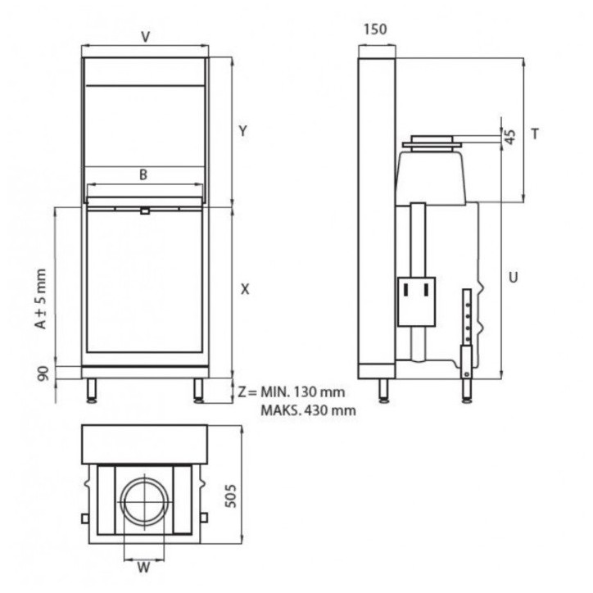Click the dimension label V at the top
click(x=145, y=36)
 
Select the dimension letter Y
click(x=242, y=130)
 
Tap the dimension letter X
click(x=244, y=289)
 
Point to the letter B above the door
click(x=143, y=174)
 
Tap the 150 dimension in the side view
click(x=374, y=29)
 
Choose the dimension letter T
click(x=534, y=134)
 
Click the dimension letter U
click(x=512, y=277)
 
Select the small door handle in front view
click(x=144, y=210)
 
